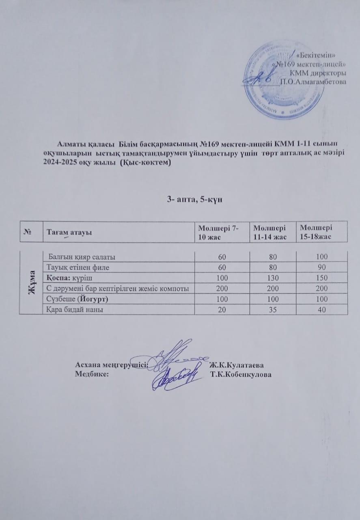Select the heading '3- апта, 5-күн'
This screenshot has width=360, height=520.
[x=194, y=199]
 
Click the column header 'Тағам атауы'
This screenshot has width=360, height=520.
[x=69, y=232]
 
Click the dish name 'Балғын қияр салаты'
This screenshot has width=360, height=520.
[x=81, y=257]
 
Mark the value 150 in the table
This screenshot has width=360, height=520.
[x=322, y=278]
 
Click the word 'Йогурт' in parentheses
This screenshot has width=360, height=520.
[x=95, y=299]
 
